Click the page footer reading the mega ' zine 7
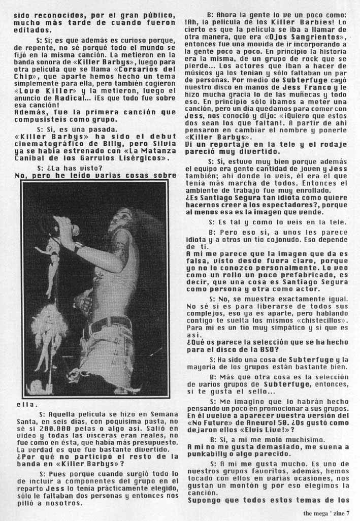pyautogui.click(x=326, y=513)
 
